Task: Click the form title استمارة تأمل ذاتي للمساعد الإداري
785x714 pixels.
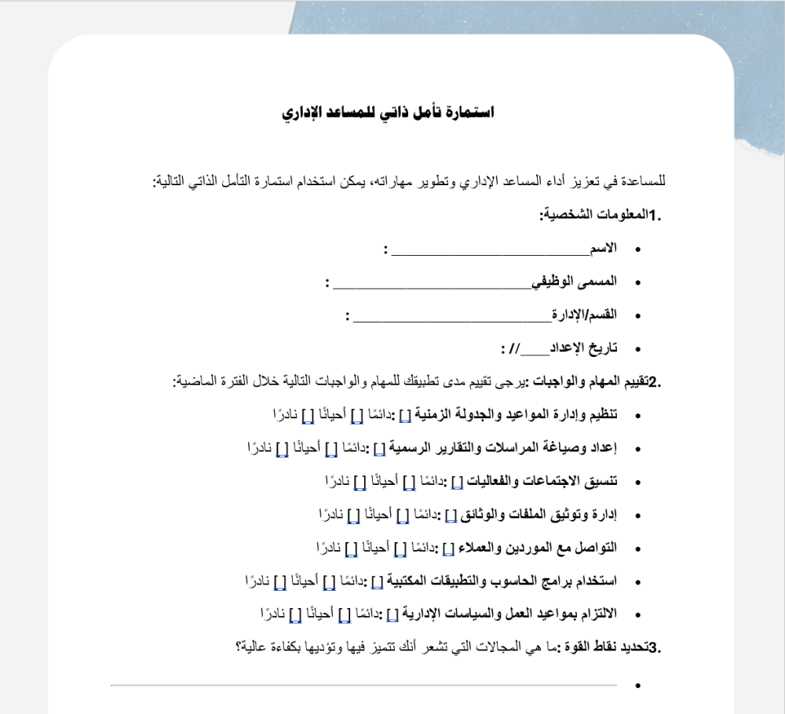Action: point(388,113)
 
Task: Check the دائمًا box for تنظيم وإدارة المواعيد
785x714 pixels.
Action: point(404,414)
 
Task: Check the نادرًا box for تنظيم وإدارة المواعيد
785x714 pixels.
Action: point(307,414)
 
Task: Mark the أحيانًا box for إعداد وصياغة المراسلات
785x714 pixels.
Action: point(330,448)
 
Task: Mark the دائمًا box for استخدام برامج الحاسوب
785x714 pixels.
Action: point(377,581)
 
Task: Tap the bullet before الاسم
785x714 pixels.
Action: point(637,249)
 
